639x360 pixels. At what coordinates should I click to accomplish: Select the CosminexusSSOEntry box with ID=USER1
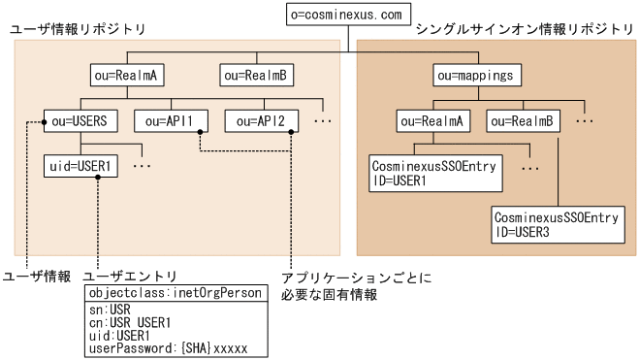tap(432, 174)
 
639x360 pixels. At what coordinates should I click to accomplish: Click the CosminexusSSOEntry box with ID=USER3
tap(554, 225)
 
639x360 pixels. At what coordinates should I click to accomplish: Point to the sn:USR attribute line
tap(107, 309)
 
